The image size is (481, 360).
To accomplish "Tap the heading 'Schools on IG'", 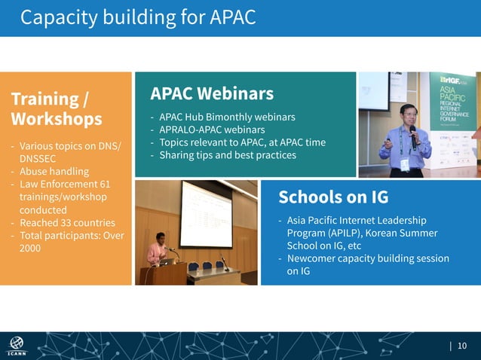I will tap(333, 197).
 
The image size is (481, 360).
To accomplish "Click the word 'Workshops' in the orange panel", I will tap(57, 119).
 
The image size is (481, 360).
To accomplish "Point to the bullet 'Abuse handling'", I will tap(53, 171).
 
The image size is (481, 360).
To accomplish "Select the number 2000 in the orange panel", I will tap(30, 249).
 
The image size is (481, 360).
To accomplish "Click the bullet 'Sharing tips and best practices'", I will tap(227, 155).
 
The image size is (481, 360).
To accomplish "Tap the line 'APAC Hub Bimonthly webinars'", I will tap(226, 117).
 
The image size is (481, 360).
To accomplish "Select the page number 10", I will tap(462, 346).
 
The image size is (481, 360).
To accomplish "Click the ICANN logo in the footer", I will tap(15, 345).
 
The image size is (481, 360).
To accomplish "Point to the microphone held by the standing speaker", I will tap(412, 135).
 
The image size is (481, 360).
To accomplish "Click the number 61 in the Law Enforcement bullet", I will tap(105, 184).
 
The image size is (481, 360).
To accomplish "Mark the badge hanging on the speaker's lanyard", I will tap(405, 163).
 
